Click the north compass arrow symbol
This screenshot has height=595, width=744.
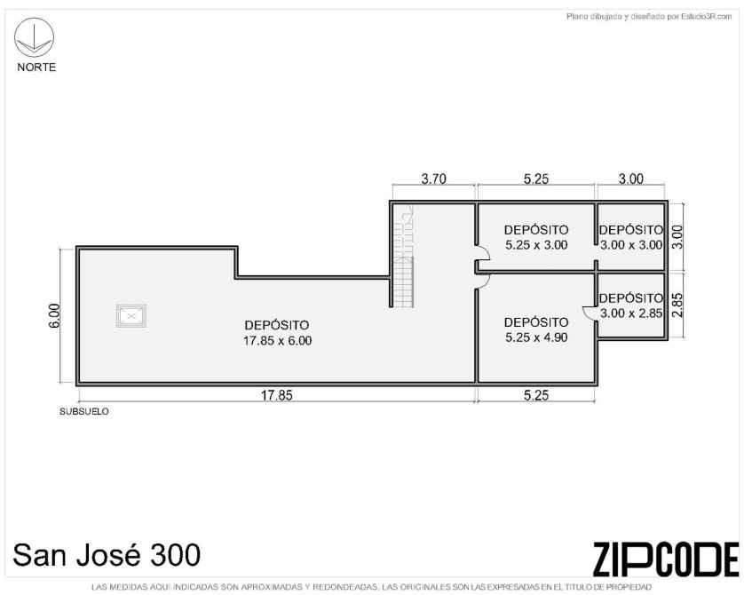pyautogui.click(x=34, y=37)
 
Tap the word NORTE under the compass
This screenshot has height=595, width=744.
pyautogui.click(x=36, y=67)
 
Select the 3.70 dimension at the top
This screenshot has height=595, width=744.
pyautogui.click(x=433, y=178)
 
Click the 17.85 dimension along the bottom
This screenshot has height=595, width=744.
pyautogui.click(x=277, y=395)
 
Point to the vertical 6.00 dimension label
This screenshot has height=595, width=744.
pyautogui.click(x=54, y=315)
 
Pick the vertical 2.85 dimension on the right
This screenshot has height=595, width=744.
pyautogui.click(x=677, y=305)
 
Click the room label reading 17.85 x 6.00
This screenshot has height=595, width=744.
pyautogui.click(x=278, y=341)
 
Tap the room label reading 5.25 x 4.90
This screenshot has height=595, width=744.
pyautogui.click(x=536, y=337)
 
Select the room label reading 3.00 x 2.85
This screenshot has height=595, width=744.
pyautogui.click(x=631, y=313)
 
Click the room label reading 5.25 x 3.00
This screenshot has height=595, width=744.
pyautogui.click(x=536, y=245)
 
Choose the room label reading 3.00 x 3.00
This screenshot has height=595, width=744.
pyautogui.click(x=631, y=245)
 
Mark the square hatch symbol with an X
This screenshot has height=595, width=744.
pyautogui.click(x=131, y=316)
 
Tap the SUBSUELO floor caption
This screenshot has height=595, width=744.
pyautogui.click(x=84, y=411)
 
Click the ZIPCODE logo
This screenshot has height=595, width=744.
pyautogui.click(x=666, y=559)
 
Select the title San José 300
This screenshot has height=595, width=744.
pyautogui.click(x=107, y=555)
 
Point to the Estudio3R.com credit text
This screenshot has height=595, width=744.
pyautogui.click(x=649, y=17)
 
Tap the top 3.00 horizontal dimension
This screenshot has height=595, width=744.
pyautogui.click(x=630, y=178)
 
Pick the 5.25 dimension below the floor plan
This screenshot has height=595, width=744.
pyautogui.click(x=536, y=395)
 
